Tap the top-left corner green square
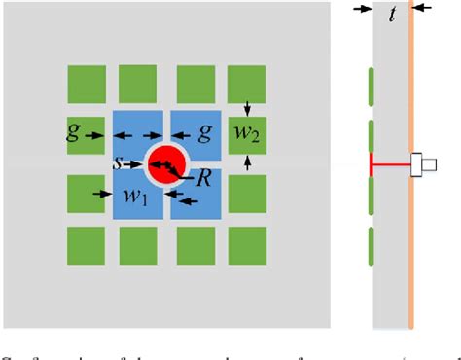coord(86,84)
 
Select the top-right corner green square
coord(246,84)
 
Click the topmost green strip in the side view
coord(370,86)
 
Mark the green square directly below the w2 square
coord(246,194)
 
